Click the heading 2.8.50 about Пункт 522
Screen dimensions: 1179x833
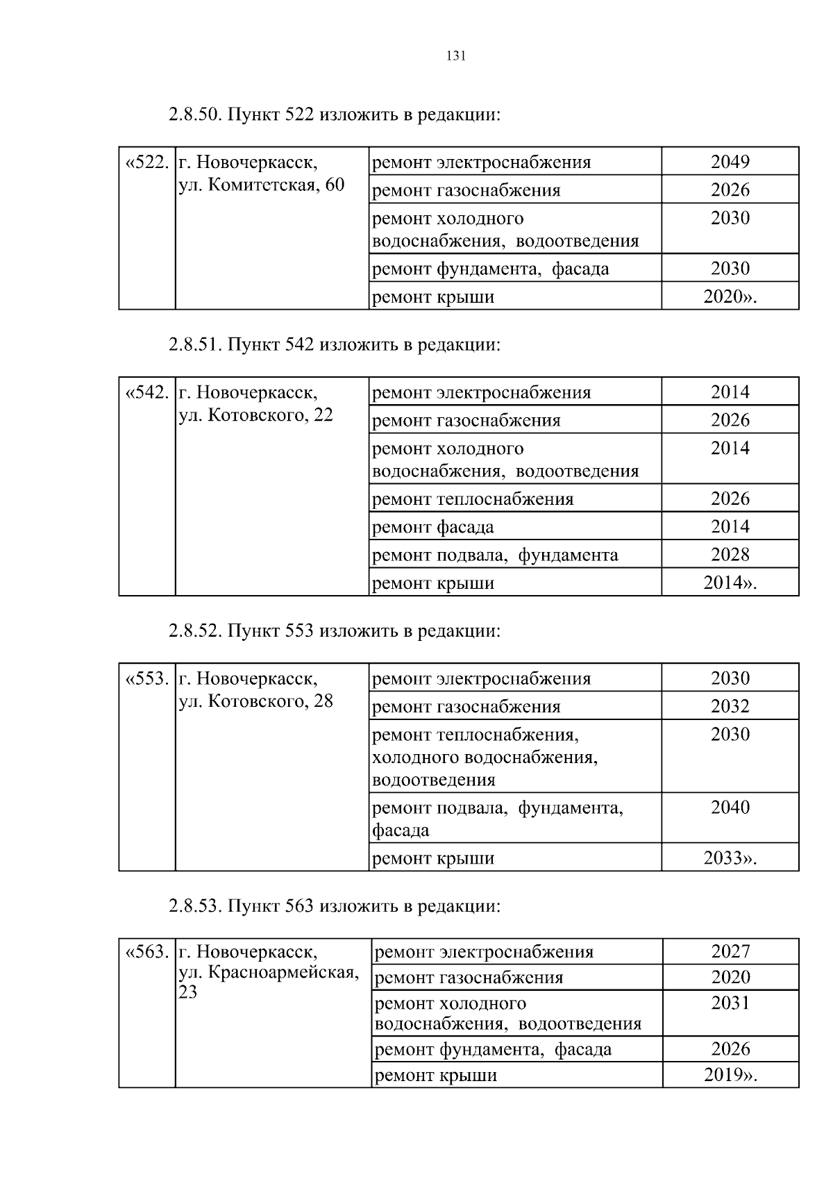click(x=334, y=115)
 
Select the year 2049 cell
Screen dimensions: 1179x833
click(x=730, y=162)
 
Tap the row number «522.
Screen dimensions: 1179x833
click(x=146, y=162)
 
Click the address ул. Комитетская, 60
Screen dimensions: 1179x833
click(x=262, y=185)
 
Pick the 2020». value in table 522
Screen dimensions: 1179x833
click(x=730, y=296)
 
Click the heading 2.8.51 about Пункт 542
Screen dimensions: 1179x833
click(x=334, y=344)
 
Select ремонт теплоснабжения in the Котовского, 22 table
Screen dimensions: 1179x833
click(x=473, y=499)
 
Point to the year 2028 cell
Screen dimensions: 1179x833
click(x=730, y=555)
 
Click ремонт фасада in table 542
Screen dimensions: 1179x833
click(x=433, y=527)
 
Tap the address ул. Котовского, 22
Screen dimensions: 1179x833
click(x=256, y=415)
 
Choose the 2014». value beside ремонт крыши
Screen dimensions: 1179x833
click(x=730, y=583)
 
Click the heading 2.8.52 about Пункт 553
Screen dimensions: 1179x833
click(x=334, y=631)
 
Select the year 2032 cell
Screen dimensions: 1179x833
click(x=730, y=707)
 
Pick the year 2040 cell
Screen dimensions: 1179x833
click(x=730, y=808)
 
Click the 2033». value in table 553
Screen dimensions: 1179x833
click(x=730, y=858)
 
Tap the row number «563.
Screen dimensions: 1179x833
click(x=146, y=951)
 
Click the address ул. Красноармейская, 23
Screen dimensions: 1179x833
click(x=269, y=973)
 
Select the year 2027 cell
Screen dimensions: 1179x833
click(x=730, y=951)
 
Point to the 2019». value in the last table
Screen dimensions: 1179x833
click(x=730, y=1076)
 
